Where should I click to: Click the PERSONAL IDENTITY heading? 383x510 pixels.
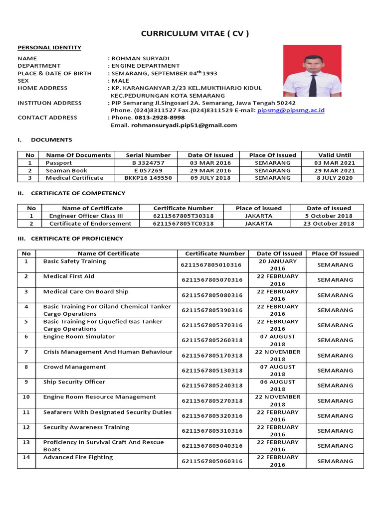click(x=49, y=48)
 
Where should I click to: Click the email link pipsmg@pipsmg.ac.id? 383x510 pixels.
click(x=291, y=110)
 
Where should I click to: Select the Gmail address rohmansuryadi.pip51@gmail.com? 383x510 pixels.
click(x=184, y=125)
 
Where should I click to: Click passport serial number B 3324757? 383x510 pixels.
click(x=148, y=163)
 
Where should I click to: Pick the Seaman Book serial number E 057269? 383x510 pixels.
click(x=148, y=170)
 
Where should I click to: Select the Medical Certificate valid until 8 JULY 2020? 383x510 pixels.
click(x=334, y=178)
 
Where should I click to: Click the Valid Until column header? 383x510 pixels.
click(x=334, y=155)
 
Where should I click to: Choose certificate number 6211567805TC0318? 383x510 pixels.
click(x=183, y=224)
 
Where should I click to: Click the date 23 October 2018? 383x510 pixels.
click(x=329, y=224)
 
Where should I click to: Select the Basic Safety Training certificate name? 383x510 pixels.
click(x=75, y=261)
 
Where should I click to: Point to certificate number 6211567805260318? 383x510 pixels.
click(x=212, y=341)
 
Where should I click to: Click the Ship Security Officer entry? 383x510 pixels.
click(x=74, y=382)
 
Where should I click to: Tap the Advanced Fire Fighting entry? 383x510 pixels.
click(x=78, y=457)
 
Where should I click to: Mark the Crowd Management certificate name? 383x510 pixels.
click(x=74, y=367)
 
